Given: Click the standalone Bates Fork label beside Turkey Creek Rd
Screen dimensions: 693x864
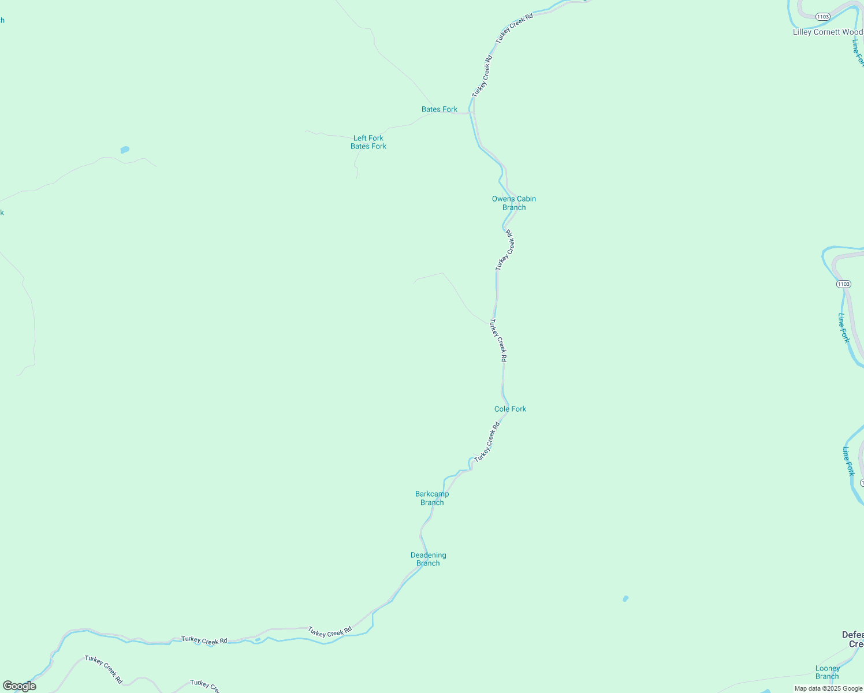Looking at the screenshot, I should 439,109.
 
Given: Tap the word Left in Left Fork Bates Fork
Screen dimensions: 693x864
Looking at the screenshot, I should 360,138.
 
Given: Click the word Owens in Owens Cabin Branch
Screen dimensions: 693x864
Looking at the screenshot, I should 502,199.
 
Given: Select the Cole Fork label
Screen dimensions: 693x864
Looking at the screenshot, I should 510,409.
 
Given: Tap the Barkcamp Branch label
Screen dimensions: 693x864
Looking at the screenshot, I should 432,498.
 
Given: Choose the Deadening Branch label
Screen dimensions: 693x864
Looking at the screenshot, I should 428,559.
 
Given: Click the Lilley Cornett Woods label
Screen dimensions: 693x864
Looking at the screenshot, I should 828,32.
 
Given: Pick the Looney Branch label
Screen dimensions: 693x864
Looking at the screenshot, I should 827,672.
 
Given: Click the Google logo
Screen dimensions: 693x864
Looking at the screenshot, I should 20,686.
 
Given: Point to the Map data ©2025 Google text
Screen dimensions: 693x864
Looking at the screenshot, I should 828,688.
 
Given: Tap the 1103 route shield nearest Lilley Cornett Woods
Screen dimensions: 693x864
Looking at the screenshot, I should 824,17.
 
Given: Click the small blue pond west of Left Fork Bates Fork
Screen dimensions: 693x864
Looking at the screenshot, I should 125,150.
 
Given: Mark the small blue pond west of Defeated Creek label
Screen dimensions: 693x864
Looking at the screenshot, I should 625,599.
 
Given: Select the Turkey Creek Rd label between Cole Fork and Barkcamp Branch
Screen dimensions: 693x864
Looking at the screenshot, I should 486,442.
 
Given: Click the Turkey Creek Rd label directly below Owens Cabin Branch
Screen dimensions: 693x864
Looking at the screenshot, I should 504,250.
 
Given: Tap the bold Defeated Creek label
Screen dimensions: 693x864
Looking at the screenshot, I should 853,639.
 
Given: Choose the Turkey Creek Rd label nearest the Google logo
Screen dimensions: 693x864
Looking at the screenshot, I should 104,669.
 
